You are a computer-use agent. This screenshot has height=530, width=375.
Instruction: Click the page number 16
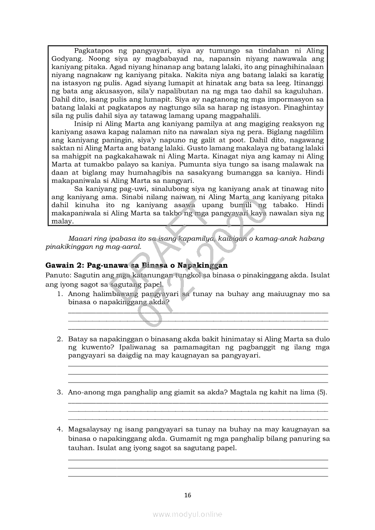point(187,495)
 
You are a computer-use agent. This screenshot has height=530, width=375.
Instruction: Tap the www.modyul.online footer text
point(187,514)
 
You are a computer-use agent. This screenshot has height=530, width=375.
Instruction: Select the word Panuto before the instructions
point(57,275)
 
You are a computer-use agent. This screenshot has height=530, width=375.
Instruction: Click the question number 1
point(59,294)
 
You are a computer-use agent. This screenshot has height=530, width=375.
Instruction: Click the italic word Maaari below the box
point(80,238)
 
